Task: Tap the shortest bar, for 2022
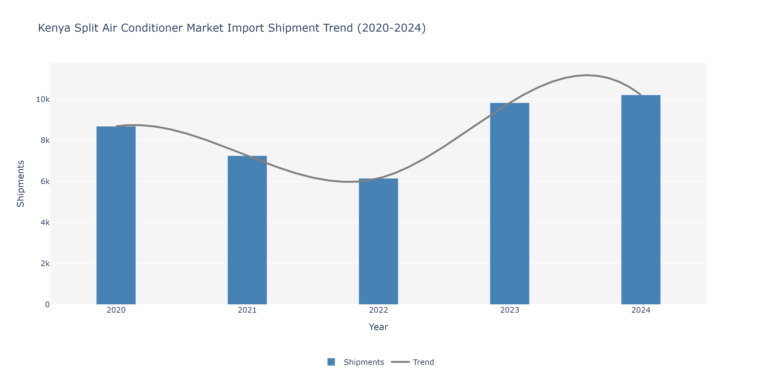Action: pyautogui.click(x=378, y=241)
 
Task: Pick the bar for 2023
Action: pyautogui.click(x=510, y=203)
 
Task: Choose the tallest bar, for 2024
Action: pyautogui.click(x=641, y=200)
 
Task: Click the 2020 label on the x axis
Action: pyautogui.click(x=116, y=310)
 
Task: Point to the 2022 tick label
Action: pyautogui.click(x=378, y=310)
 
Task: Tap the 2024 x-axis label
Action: pyautogui.click(x=641, y=310)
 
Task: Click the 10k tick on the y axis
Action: pyautogui.click(x=43, y=99)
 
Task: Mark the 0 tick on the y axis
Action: pyautogui.click(x=47, y=304)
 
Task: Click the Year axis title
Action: pyautogui.click(x=378, y=327)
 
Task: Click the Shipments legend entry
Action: pyautogui.click(x=364, y=362)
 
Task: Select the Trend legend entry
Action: pyautogui.click(x=423, y=362)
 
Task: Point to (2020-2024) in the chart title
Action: pyautogui.click(x=391, y=28)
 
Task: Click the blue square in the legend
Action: pyautogui.click(x=331, y=362)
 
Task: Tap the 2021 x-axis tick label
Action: pyautogui.click(x=247, y=310)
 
